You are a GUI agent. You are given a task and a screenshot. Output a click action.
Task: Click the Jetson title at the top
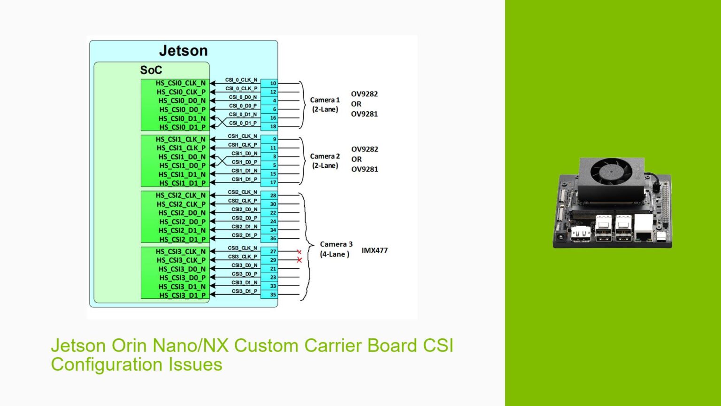coord(183,51)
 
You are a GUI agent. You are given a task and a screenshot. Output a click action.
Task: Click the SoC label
coord(151,70)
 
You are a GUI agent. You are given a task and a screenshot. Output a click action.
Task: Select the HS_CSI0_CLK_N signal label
coord(180,83)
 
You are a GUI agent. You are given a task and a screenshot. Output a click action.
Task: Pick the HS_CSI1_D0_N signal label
coord(182,157)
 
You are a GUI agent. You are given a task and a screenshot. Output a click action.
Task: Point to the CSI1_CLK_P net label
coord(242,145)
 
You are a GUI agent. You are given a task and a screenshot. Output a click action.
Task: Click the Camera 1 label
coord(325,100)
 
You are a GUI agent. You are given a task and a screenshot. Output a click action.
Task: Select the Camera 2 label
coord(325,156)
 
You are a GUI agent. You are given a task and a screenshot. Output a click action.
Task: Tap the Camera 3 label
coord(336,244)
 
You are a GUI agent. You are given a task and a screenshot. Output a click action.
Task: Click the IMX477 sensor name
coord(375,250)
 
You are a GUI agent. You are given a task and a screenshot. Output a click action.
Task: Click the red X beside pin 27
coord(299,252)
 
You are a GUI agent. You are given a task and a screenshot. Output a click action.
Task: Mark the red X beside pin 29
coord(299,260)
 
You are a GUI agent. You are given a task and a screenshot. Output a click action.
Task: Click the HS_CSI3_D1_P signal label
coord(182,295)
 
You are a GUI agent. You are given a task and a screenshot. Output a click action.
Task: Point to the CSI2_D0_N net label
coord(244,210)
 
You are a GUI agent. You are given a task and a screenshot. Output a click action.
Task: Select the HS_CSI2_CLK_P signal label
coord(181,204)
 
